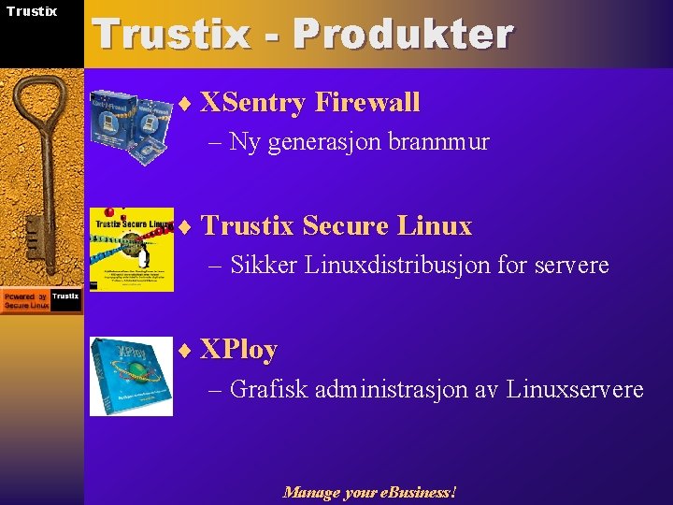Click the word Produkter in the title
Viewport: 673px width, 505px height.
click(x=402, y=35)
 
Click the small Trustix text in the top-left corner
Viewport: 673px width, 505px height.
click(x=32, y=11)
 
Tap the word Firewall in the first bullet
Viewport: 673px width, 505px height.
click(x=367, y=102)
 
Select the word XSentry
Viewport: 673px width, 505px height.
click(x=253, y=102)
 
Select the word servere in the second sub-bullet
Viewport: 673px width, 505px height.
click(x=571, y=266)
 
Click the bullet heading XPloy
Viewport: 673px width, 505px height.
click(x=238, y=350)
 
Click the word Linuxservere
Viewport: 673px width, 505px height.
click(x=575, y=389)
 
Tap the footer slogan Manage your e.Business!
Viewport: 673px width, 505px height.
click(x=370, y=492)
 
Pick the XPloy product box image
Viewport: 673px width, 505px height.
click(x=131, y=376)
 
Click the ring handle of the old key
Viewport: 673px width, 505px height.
click(x=40, y=99)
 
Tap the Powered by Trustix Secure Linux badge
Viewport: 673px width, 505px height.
click(x=41, y=300)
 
